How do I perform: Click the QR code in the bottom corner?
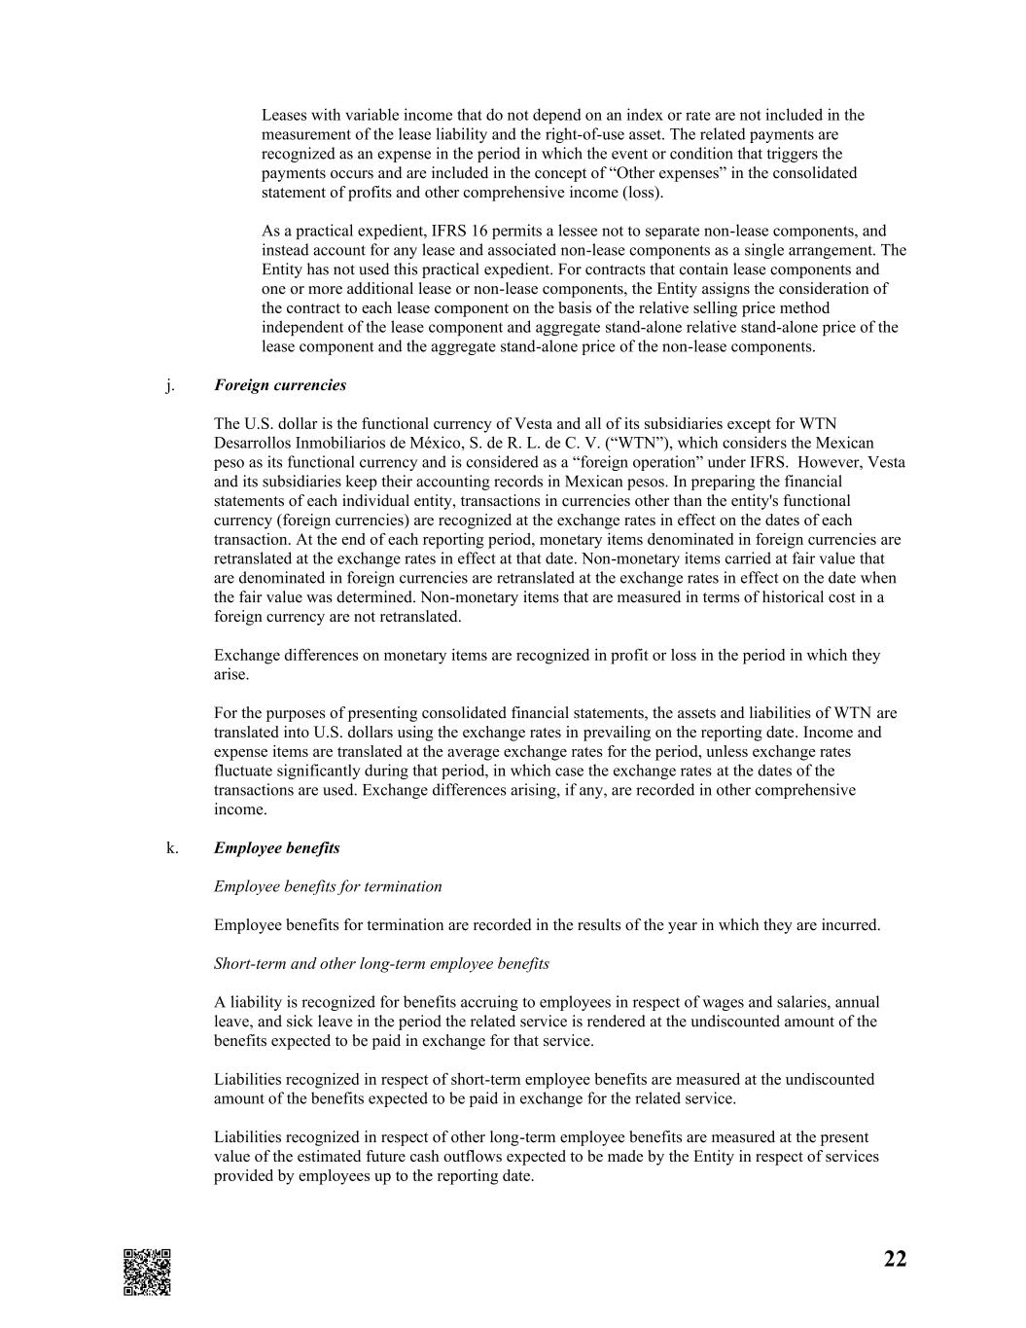(x=147, y=1272)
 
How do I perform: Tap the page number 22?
(x=895, y=1259)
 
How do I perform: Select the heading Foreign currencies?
(x=280, y=385)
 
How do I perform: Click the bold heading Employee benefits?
(x=277, y=848)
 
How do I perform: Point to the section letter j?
(x=170, y=385)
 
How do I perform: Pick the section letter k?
(x=171, y=848)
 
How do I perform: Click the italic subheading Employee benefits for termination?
(x=328, y=886)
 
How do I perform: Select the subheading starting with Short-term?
(x=381, y=964)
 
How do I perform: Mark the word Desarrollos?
(x=251, y=443)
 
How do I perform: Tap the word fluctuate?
(x=245, y=771)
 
